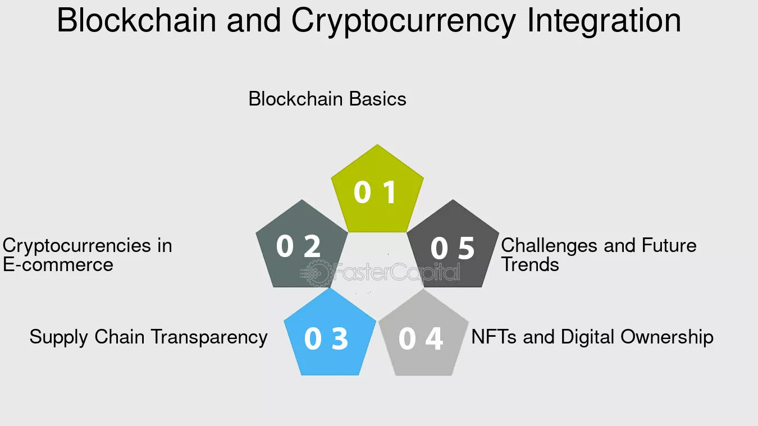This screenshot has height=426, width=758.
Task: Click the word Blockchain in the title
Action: tap(136, 20)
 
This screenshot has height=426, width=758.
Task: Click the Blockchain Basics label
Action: tap(327, 99)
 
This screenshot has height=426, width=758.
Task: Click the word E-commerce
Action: tap(58, 265)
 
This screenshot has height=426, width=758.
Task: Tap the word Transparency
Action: tap(209, 338)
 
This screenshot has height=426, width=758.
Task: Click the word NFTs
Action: tap(494, 337)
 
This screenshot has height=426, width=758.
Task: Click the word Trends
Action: tap(530, 264)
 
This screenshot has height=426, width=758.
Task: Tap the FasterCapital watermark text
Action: tap(396, 272)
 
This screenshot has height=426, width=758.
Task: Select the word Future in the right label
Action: tap(669, 245)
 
